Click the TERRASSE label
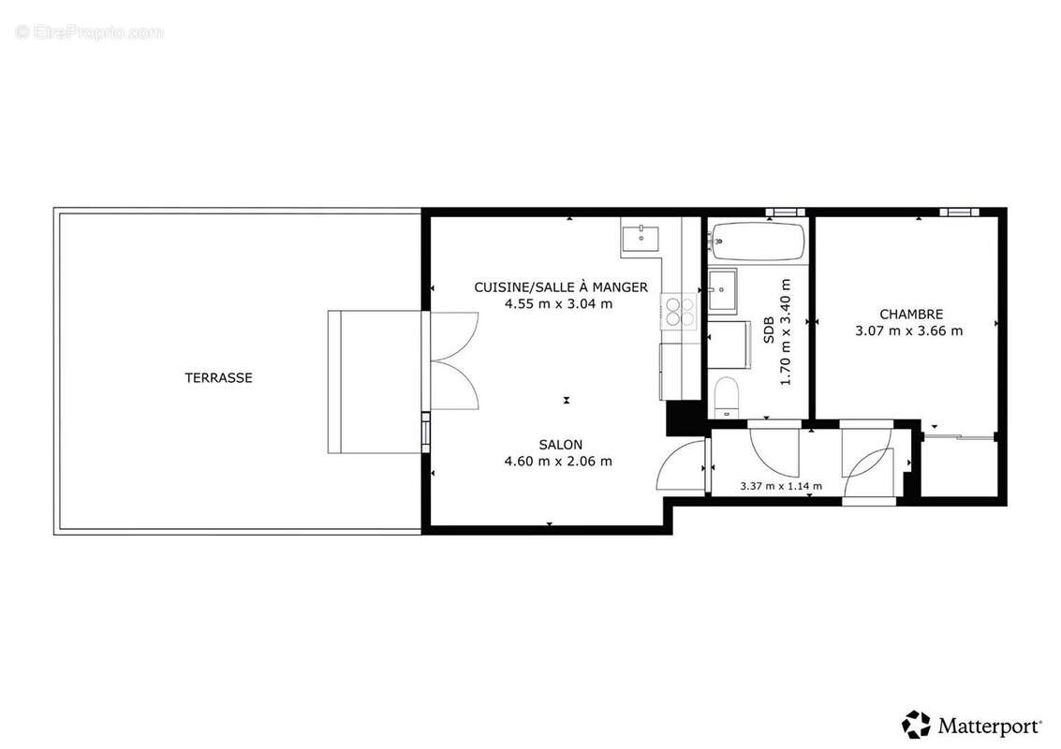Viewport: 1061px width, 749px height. (218, 378)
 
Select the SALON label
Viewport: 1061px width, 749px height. (560, 444)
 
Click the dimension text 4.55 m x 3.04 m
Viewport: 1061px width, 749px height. (559, 303)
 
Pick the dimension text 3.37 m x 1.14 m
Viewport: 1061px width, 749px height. (780, 486)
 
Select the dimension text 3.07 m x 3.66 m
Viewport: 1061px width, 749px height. (908, 330)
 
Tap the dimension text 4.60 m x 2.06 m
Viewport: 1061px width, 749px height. (559, 461)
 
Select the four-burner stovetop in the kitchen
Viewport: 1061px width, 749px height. (679, 310)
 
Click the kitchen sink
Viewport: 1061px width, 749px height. (641, 238)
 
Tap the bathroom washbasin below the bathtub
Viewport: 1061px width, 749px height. (722, 290)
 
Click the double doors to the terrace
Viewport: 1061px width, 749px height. (453, 361)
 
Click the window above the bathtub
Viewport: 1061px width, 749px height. (785, 212)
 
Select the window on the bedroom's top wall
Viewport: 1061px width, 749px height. (956, 212)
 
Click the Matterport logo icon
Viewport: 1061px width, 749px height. (916, 725)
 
